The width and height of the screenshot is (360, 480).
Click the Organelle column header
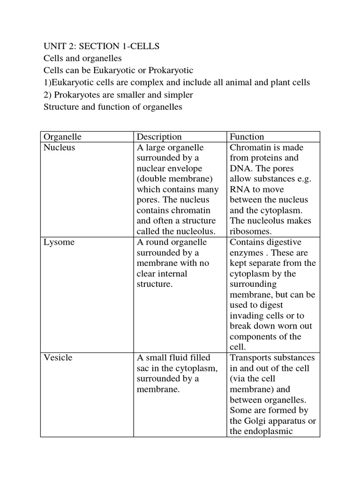click(x=62, y=137)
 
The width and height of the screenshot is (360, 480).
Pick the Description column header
click(x=159, y=137)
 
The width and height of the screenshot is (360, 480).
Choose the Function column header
click(x=247, y=137)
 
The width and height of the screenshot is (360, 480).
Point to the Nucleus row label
click(x=59, y=148)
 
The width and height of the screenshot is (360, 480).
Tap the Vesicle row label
click(x=58, y=358)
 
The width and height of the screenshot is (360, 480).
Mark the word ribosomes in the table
click(x=249, y=231)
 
